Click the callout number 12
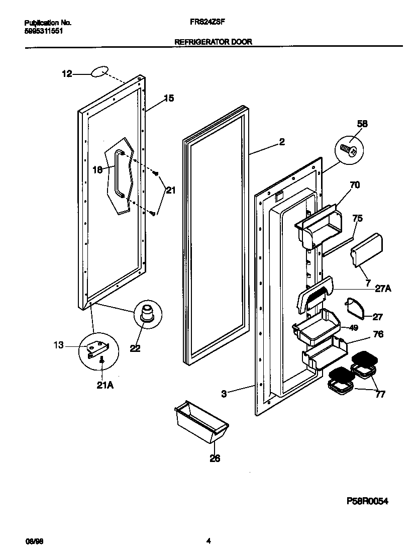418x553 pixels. click(x=66, y=74)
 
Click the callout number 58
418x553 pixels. click(x=362, y=123)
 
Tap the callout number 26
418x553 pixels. click(x=215, y=458)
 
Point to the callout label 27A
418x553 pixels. click(x=383, y=289)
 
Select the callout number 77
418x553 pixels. click(x=380, y=395)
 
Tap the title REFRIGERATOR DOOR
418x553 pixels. click(x=213, y=42)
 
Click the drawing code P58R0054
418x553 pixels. click(x=368, y=501)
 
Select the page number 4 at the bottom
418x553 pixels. click(x=208, y=541)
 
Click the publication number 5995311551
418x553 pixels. click(x=44, y=31)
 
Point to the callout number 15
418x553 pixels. click(x=169, y=99)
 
